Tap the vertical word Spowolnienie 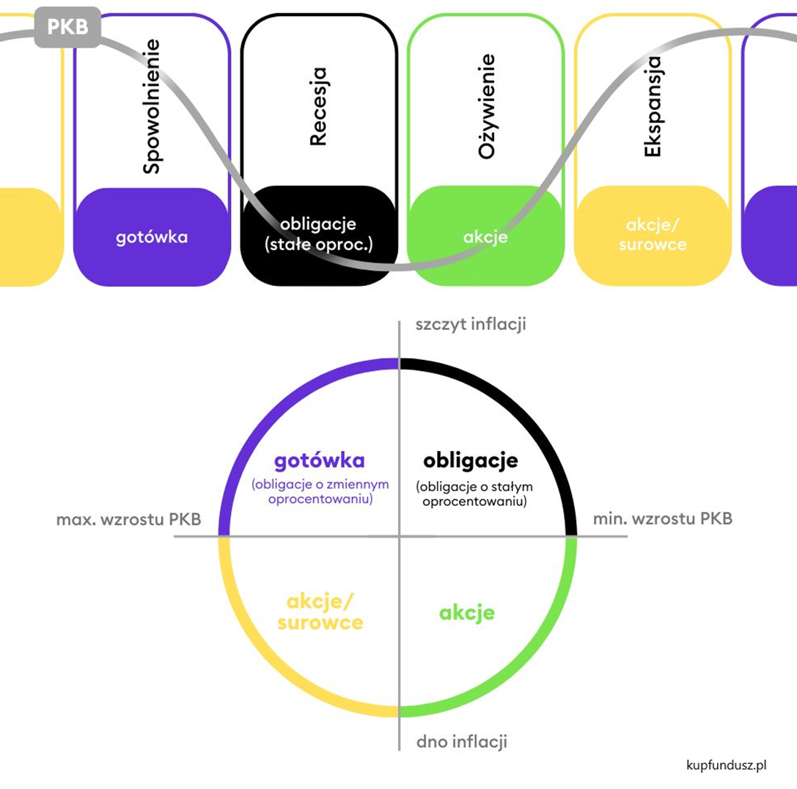tap(151, 106)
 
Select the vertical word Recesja tap(318, 106)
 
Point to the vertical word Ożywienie tap(486, 106)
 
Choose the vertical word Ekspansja tap(653, 106)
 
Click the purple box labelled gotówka tap(152, 237)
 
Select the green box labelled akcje tap(485, 237)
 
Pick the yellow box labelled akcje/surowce tap(653, 235)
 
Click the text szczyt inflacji tap(470, 325)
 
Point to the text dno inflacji tap(462, 741)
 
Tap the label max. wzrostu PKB tap(128, 519)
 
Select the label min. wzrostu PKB tap(662, 519)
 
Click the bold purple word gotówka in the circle tap(319, 460)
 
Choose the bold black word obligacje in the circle tap(471, 460)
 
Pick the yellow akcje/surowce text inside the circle tap(325, 612)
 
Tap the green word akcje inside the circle tap(467, 612)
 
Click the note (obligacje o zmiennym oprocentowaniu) tap(320, 492)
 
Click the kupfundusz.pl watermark tap(727, 766)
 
